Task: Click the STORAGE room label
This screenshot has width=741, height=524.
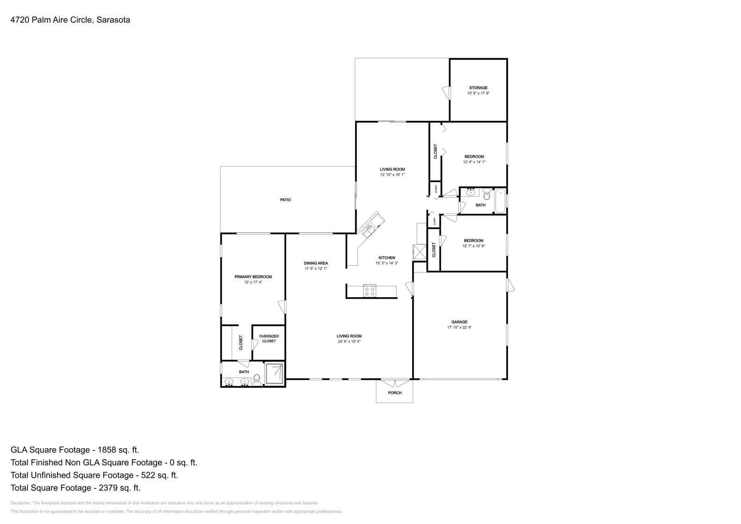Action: (x=478, y=87)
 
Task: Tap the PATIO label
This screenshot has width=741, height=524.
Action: (x=285, y=200)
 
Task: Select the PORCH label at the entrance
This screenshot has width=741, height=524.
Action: (x=395, y=393)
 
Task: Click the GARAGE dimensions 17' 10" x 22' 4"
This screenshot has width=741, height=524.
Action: (x=459, y=327)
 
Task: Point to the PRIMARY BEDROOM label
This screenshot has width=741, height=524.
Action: (x=253, y=277)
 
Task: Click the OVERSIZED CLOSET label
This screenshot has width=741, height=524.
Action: (x=269, y=339)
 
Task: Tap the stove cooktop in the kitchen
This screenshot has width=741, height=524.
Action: (x=370, y=291)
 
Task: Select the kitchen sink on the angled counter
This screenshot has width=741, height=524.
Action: (x=370, y=228)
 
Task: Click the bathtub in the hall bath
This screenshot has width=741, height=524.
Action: (x=500, y=201)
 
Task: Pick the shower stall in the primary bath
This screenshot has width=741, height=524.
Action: (x=275, y=374)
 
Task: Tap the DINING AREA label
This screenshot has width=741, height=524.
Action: (x=316, y=263)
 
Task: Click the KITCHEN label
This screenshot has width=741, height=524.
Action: (x=387, y=258)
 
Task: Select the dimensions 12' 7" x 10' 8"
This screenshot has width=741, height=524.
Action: (x=473, y=246)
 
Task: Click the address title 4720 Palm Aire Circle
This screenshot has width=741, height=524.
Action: (x=70, y=20)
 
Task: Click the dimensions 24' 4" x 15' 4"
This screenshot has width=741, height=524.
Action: (x=349, y=342)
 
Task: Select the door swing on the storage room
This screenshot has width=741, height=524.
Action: (x=446, y=93)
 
